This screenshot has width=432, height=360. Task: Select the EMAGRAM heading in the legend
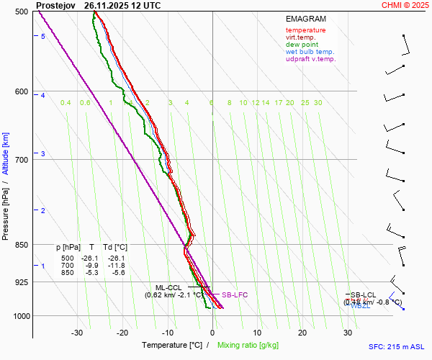tap(305, 18)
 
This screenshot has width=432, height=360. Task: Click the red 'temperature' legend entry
tap(305, 30)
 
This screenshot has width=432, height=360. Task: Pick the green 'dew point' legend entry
tap(301, 45)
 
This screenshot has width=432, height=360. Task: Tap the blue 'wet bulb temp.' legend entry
tap(310, 52)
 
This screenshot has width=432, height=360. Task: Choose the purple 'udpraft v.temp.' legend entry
tap(310, 59)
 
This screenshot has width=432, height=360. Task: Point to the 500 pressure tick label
tap(21, 12)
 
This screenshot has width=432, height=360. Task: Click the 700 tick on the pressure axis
tap(21, 159)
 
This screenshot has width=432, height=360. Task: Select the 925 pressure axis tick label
tap(21, 282)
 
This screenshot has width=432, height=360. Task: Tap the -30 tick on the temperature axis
tap(78, 333)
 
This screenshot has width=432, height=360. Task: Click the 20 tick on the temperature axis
tap(302, 333)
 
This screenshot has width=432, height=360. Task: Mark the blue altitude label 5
tap(43, 36)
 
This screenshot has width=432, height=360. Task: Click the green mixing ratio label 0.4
tap(66, 103)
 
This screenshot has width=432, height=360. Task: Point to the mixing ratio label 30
tap(318, 103)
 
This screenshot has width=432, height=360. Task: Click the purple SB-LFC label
tap(234, 294)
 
